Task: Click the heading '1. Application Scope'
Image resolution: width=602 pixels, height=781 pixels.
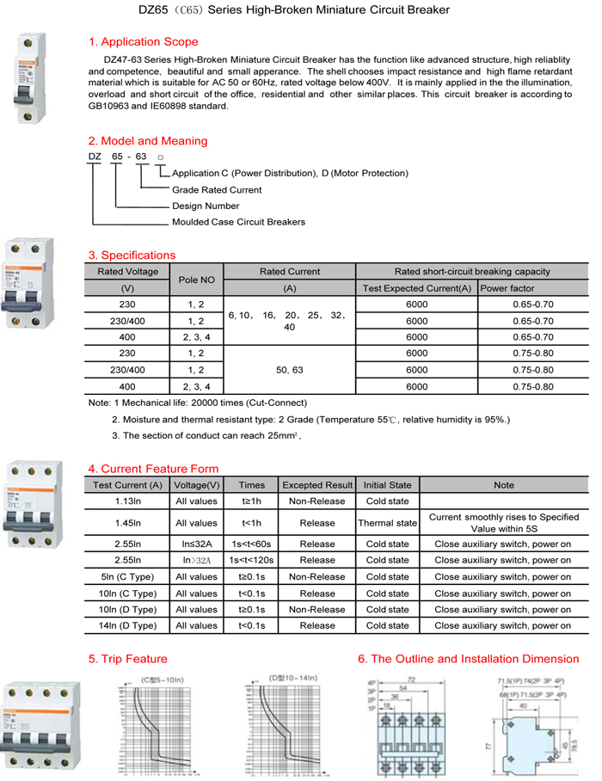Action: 143,42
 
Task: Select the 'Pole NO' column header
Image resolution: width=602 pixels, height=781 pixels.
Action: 196,280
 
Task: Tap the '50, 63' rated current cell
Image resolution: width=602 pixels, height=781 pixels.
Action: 290,370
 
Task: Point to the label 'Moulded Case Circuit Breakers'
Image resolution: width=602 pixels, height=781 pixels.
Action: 238,222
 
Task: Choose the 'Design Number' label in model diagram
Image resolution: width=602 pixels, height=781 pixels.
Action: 206,206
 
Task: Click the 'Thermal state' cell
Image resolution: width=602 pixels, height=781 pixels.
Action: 387,523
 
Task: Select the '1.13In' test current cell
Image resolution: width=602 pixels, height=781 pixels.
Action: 127,501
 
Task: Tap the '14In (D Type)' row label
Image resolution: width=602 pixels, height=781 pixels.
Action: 128,625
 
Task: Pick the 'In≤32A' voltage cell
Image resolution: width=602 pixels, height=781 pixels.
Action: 197,544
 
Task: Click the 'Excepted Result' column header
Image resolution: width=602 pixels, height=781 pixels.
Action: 317,485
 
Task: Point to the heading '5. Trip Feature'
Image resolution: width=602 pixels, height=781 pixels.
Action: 128,659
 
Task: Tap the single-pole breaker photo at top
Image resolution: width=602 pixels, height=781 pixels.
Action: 28,79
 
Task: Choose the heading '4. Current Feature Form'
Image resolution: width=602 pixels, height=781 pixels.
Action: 153,469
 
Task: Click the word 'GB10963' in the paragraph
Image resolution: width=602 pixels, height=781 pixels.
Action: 109,106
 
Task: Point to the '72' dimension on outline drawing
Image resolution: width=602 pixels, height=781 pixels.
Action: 411,680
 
